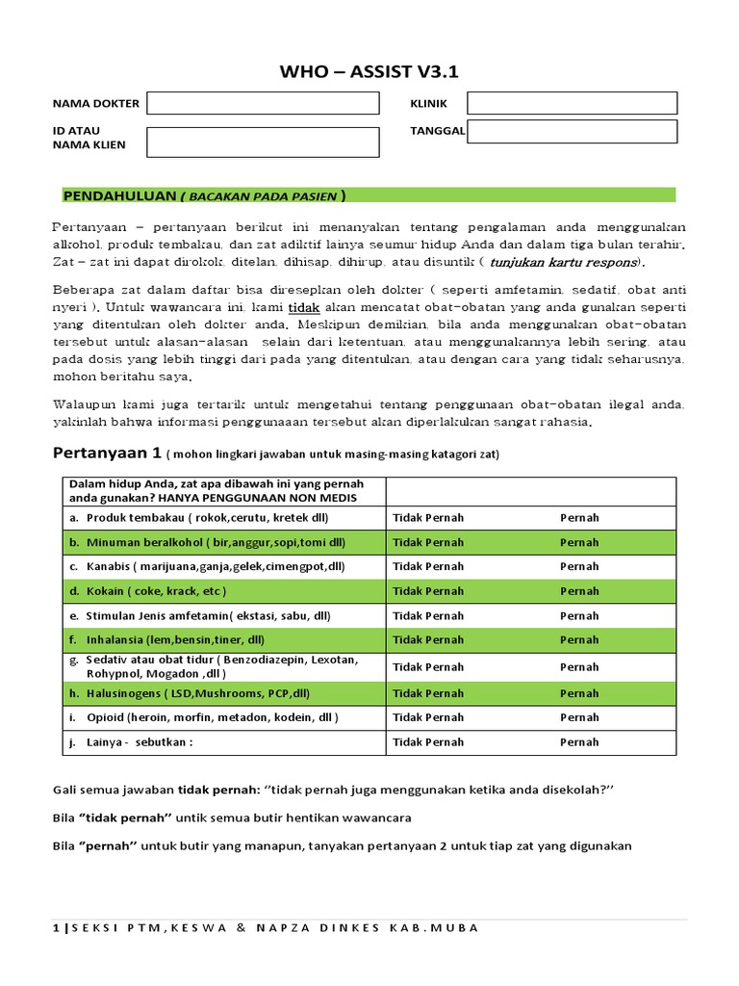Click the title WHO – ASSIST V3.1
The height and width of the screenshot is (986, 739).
tap(369, 71)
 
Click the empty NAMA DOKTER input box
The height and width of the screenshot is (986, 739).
tap(262, 103)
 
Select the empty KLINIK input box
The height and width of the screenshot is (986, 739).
tap(572, 103)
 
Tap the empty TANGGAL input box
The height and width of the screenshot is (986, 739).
tap(572, 131)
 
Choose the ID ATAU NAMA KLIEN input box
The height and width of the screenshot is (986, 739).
tap(262, 143)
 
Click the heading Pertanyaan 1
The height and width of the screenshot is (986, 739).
tap(105, 453)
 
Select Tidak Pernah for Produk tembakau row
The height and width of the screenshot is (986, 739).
tap(428, 517)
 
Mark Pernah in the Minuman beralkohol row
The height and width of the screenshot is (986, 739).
tap(579, 542)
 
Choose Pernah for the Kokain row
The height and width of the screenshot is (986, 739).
tap(579, 591)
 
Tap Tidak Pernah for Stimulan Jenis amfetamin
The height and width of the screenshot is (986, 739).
tap(428, 615)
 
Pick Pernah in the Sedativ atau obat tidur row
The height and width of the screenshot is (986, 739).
tap(579, 666)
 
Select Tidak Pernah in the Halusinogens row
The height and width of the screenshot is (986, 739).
tap(428, 693)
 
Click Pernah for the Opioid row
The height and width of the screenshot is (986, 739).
tap(579, 717)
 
